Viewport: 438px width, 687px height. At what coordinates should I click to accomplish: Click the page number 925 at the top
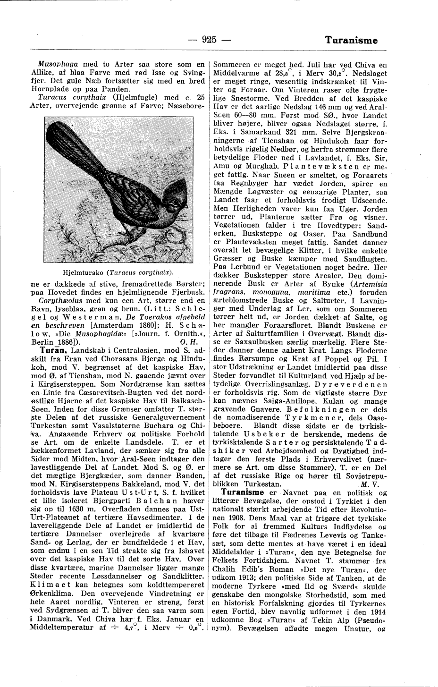tap(208, 40)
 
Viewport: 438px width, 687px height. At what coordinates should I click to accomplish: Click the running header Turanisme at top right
tap(351, 40)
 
